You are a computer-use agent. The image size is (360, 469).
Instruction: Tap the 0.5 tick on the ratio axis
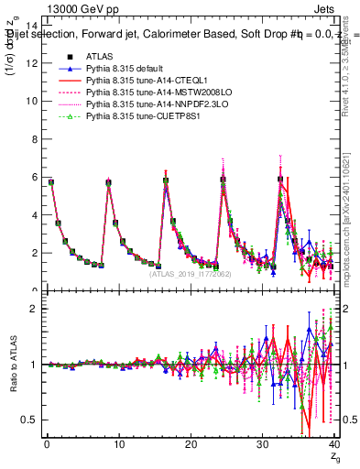(27, 420)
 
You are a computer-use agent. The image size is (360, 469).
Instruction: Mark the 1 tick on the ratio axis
(32, 365)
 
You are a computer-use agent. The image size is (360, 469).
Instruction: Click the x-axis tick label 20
(191, 444)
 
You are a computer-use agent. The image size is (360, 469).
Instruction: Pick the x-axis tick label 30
(263, 444)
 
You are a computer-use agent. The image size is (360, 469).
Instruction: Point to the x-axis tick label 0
(47, 444)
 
